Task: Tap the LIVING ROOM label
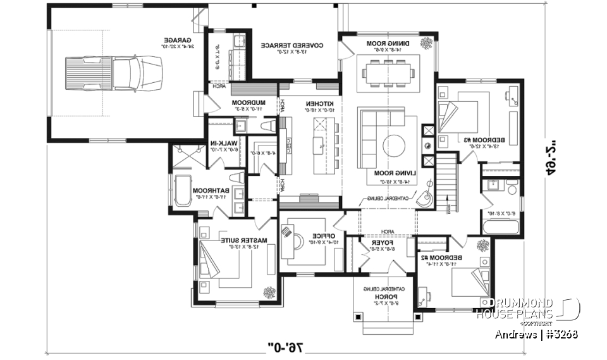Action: click(388, 173)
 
